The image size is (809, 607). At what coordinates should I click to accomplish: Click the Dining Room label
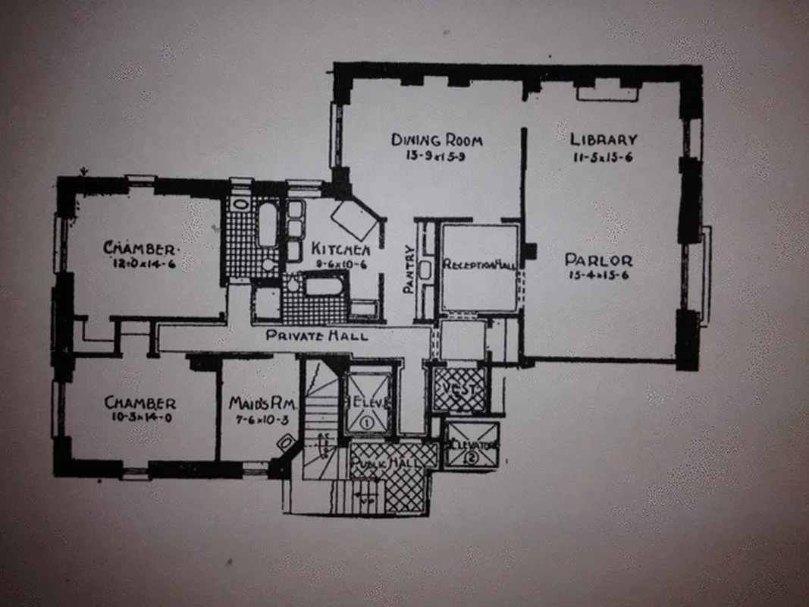pyautogui.click(x=437, y=140)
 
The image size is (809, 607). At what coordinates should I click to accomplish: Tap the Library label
pyautogui.click(x=604, y=140)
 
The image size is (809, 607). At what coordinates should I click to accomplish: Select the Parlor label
pyautogui.click(x=598, y=260)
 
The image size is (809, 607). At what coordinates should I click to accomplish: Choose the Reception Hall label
pyautogui.click(x=479, y=265)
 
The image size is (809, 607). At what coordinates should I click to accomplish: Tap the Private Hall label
pyautogui.click(x=318, y=335)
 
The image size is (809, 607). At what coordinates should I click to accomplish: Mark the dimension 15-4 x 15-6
pyautogui.click(x=598, y=276)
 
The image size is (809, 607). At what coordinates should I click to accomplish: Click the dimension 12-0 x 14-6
pyautogui.click(x=141, y=264)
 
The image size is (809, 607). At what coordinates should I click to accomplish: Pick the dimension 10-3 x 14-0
pyautogui.click(x=140, y=418)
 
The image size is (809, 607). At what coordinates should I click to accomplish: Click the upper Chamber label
pyautogui.click(x=141, y=248)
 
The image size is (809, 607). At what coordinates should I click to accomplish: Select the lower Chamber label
pyautogui.click(x=140, y=403)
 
